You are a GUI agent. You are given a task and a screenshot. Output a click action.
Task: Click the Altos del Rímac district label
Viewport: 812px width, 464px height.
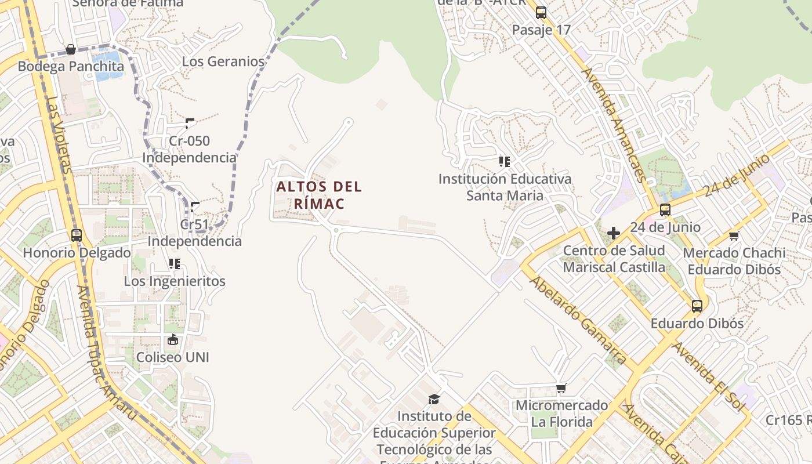pos(319,195)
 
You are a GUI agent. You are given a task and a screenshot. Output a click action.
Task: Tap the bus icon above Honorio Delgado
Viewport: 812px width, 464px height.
pos(77,235)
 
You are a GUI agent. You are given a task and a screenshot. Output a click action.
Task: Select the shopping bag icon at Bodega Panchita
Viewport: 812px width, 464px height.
pos(71,49)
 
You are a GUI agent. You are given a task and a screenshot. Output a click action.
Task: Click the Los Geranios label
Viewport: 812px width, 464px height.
pos(223,61)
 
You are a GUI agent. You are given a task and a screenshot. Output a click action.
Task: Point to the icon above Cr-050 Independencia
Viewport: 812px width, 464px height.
pos(190,123)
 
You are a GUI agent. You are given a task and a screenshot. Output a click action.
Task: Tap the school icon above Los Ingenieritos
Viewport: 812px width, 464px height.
pos(175,264)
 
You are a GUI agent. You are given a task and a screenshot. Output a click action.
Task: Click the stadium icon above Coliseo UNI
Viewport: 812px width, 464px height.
pos(172,340)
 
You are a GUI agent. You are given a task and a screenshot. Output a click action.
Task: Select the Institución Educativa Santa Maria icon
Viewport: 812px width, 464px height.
pos(505,162)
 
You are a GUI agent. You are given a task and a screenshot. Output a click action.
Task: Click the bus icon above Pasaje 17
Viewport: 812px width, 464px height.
pos(541,13)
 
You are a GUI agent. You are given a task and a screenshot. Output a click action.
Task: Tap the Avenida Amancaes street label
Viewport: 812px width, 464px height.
pos(614,124)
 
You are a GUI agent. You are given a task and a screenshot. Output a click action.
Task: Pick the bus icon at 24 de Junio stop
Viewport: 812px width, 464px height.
pos(665,210)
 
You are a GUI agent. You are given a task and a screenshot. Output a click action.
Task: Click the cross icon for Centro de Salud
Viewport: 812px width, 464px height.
pos(614,233)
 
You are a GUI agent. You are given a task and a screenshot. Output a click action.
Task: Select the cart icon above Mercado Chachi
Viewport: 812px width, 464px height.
pos(734,235)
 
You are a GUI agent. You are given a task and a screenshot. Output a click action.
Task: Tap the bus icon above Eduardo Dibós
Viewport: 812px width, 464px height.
pos(697,306)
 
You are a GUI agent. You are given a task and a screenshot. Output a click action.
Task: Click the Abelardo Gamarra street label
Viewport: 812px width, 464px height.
pos(577,320)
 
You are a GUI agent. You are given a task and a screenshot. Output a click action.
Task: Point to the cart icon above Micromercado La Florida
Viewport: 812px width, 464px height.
pos(561,388)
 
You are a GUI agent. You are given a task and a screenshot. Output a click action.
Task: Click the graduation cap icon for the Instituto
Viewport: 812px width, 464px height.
pos(434,398)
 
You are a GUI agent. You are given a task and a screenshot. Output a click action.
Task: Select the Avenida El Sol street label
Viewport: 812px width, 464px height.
pos(708,377)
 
